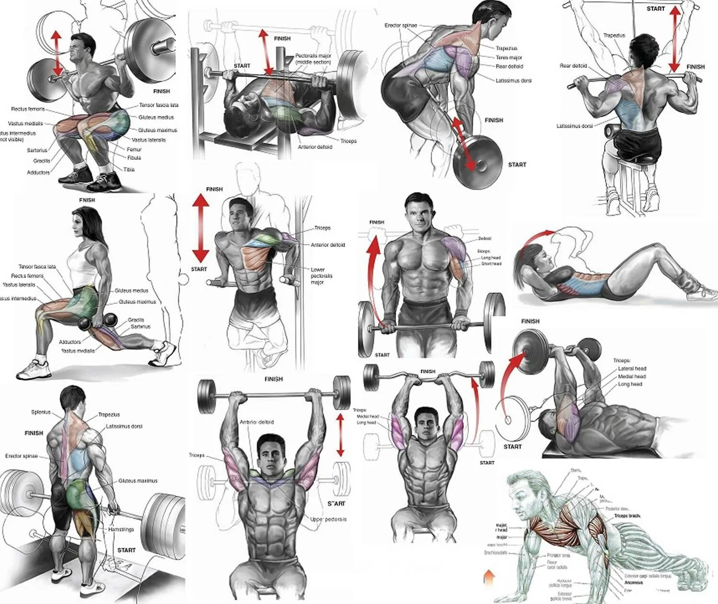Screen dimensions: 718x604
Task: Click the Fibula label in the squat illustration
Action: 135,157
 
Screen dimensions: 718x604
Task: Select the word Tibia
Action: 129,169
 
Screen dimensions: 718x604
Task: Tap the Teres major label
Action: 509,57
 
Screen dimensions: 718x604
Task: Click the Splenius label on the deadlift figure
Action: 41,412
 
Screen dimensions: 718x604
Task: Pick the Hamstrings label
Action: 121,530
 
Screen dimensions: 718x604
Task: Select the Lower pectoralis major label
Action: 321,276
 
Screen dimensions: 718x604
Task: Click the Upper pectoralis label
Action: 328,519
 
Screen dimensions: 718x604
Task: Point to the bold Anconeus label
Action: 634,583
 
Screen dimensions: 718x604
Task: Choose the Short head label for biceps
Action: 491,264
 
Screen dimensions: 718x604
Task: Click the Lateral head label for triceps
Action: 632,369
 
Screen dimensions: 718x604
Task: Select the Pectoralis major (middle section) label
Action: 313,59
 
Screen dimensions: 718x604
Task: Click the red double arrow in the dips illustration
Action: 201,228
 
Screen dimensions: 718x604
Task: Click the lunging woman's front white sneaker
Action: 34,370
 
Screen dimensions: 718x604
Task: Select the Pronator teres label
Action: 558,556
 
